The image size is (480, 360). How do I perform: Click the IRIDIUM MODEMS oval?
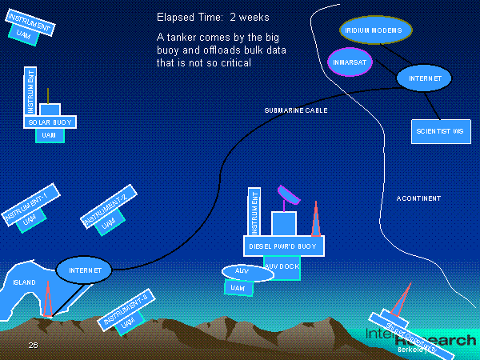pyautogui.click(x=375, y=30)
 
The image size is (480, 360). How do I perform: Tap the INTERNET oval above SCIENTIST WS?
pyautogui.click(x=424, y=78)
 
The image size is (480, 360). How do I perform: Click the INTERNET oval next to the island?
pyautogui.click(x=84, y=270)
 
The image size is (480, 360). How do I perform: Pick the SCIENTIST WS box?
pyautogui.click(x=441, y=130)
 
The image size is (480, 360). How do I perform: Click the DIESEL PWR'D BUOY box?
pyautogui.click(x=283, y=246)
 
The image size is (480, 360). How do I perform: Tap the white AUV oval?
pyautogui.click(x=246, y=273)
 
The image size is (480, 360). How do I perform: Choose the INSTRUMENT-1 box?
pyautogui.click(x=26, y=205)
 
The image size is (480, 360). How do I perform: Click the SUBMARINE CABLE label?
pyautogui.click(x=296, y=110)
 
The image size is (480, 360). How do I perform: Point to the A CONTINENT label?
pyautogui.click(x=418, y=198)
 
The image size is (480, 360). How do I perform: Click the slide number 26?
pyautogui.click(x=33, y=345)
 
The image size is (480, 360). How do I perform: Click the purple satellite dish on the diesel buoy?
pyautogui.click(x=286, y=195)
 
